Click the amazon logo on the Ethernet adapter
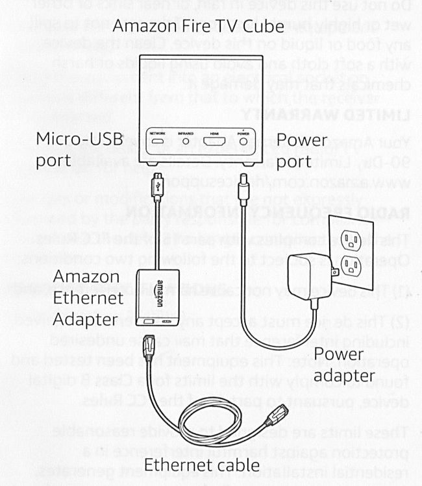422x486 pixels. (158, 292)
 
